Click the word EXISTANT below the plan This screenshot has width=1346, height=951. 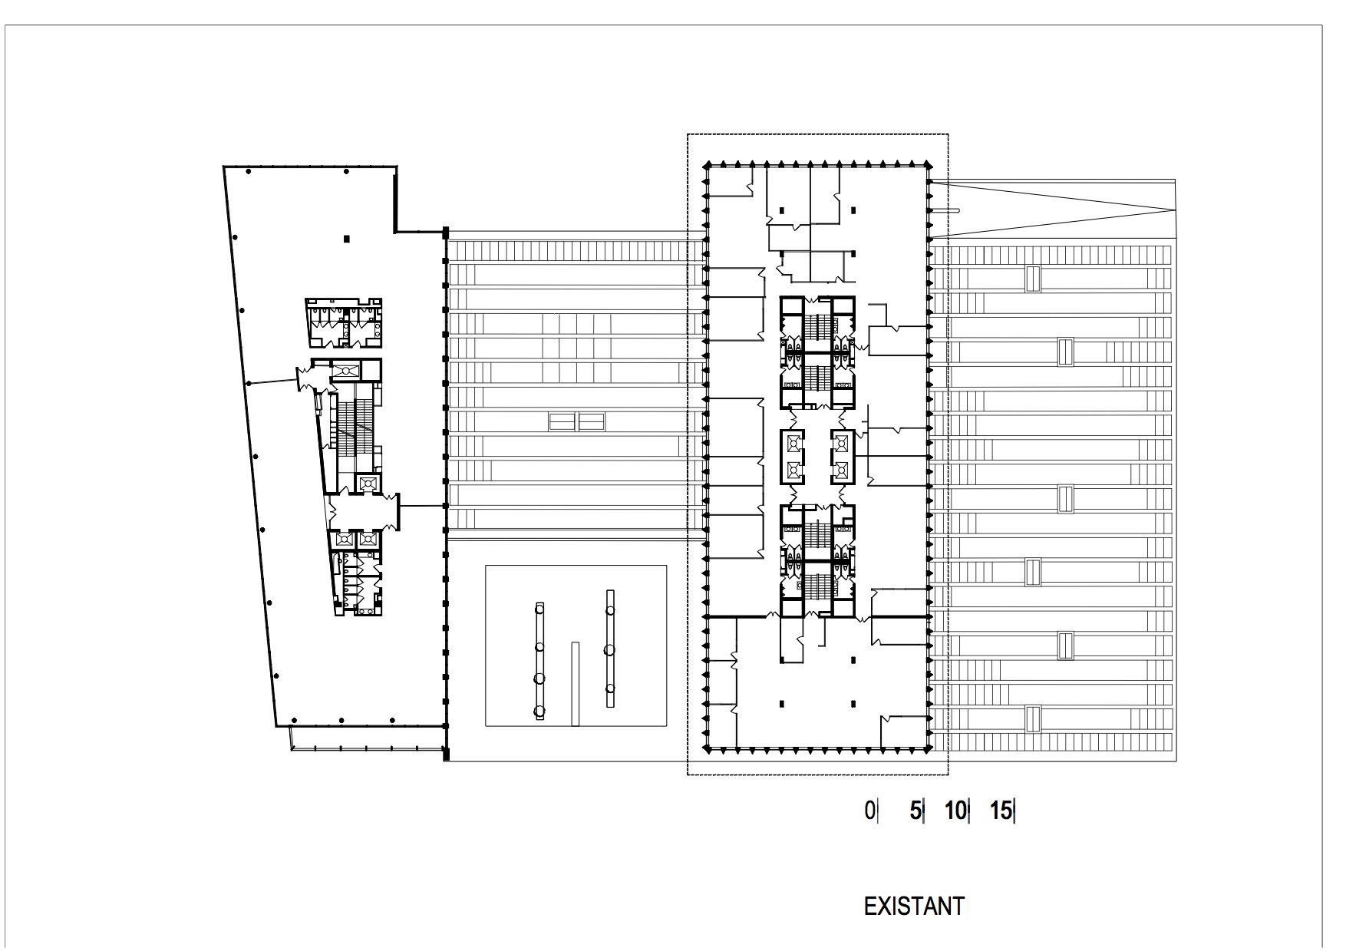point(913,906)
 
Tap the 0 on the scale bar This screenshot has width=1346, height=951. point(869,811)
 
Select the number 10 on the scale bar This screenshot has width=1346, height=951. point(955,811)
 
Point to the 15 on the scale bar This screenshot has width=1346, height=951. point(1000,811)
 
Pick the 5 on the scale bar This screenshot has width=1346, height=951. point(914,811)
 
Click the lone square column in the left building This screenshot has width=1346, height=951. point(347,239)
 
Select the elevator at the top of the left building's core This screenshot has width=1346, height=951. point(345,371)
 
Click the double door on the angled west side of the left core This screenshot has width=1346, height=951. point(304,377)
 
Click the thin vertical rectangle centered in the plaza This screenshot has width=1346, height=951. point(575,684)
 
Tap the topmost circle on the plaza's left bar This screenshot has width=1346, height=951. point(539,609)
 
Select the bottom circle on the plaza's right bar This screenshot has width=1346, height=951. point(609,688)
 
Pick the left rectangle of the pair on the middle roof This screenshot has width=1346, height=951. point(562,421)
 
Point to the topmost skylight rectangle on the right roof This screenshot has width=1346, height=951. point(1033,279)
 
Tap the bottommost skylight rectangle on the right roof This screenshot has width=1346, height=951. point(1033,718)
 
